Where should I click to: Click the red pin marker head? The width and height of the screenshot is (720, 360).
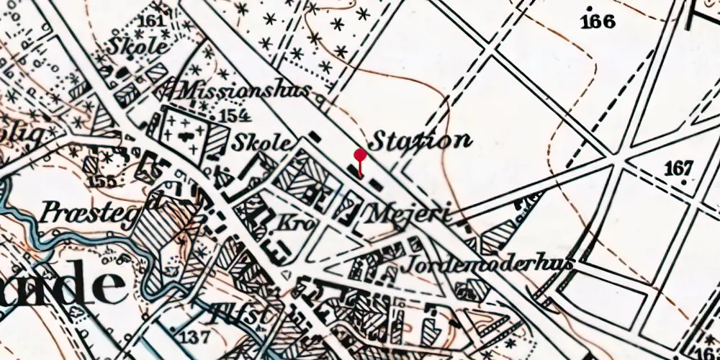tap(360, 154)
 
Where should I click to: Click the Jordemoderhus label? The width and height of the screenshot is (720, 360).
tap(490, 264)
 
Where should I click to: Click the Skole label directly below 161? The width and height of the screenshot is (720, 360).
tap(138, 46)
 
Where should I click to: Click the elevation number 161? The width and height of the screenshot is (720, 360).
tap(150, 21)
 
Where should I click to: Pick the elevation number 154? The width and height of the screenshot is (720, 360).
tap(235, 116)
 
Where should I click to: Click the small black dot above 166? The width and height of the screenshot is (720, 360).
tap(590, 8)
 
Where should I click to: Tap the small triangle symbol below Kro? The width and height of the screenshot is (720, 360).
tap(287, 274)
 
